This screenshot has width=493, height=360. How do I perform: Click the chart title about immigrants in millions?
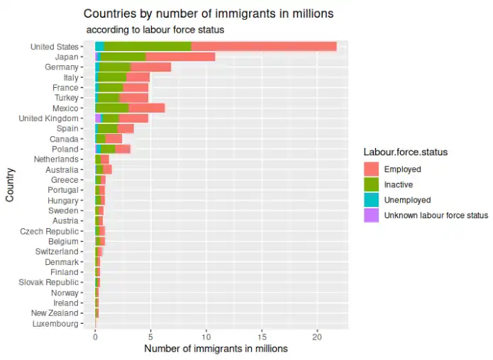[208, 13]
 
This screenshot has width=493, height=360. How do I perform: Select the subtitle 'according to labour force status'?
[155, 30]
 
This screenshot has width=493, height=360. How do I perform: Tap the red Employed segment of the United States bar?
[264, 47]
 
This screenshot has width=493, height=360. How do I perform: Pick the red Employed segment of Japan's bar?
[180, 57]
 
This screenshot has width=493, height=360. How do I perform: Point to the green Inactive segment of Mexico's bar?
[113, 108]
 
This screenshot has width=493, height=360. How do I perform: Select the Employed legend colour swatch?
[371, 169]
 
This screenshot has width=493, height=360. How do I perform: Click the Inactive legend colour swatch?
[371, 185]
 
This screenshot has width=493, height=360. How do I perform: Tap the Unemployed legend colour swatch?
[371, 200]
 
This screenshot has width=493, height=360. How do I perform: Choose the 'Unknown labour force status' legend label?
[436, 215]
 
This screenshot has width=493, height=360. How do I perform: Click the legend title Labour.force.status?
[404, 152]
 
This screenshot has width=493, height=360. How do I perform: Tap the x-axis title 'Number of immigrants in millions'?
[216, 349]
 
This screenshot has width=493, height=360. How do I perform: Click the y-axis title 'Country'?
[10, 186]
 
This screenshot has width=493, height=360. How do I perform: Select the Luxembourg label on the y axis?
[55, 324]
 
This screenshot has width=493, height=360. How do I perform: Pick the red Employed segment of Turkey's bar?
[134, 98]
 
